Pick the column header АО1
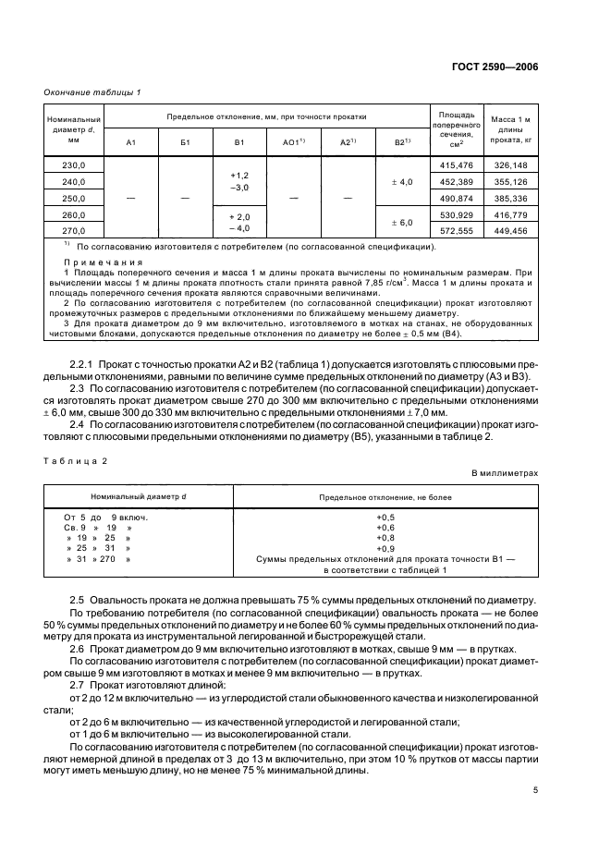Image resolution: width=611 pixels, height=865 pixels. [293, 142]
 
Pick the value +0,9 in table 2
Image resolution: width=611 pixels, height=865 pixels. [385, 549]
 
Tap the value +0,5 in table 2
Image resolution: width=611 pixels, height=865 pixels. [385, 517]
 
